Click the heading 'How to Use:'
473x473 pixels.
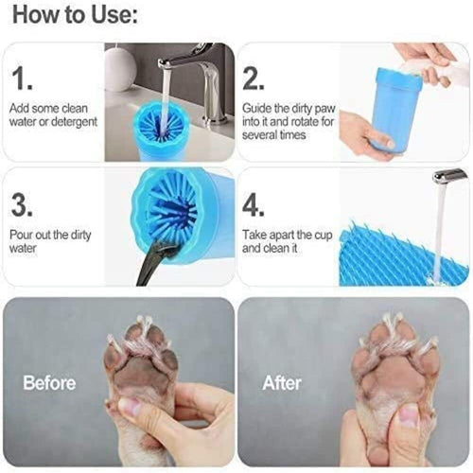[x=74, y=16]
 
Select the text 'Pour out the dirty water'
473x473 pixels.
[x=50, y=242]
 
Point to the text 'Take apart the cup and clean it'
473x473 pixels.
[x=281, y=240]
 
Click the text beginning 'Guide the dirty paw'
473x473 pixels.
[x=284, y=122]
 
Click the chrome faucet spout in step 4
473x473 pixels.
[x=449, y=176]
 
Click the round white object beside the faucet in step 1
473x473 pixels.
[x=121, y=68]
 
